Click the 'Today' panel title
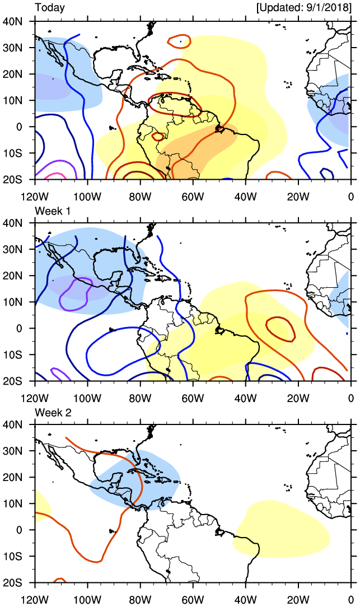click(49, 8)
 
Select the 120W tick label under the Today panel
click(35, 195)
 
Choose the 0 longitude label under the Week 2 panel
click(351, 599)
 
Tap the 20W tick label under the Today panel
click(298, 195)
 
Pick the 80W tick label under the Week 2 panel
click(140, 599)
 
